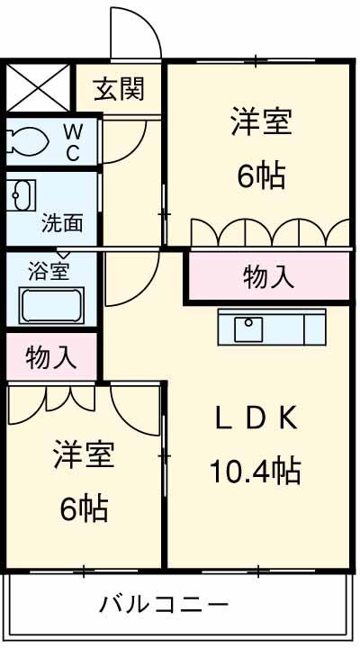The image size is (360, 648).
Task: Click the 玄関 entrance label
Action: click(119, 89)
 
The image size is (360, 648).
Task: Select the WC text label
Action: click(73, 142)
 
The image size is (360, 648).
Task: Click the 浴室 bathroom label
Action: click(49, 268)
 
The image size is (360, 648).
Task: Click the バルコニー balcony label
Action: click(164, 603)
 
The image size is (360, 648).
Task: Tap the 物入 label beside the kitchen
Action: click(268, 278)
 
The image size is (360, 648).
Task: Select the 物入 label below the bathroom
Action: click(49, 357)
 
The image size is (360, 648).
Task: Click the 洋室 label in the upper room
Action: click(261, 122)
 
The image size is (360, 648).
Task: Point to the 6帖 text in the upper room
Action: click(261, 175)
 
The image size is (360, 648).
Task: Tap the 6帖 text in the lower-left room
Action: click(84, 508)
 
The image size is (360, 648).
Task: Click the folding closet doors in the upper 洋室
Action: click(270, 232)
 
